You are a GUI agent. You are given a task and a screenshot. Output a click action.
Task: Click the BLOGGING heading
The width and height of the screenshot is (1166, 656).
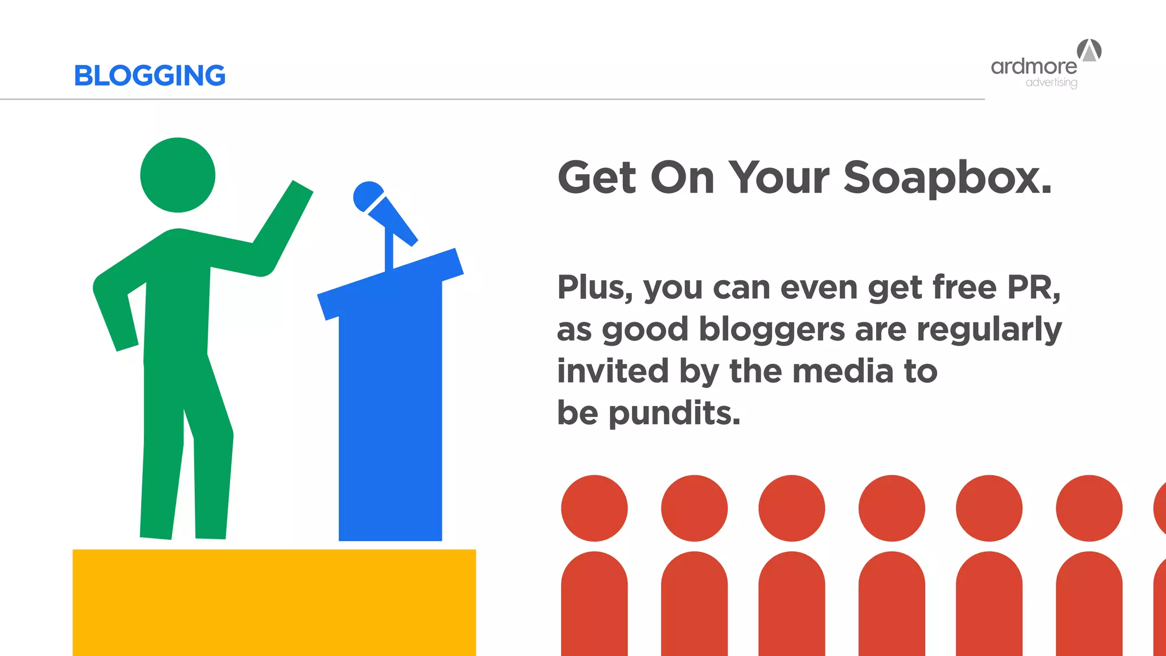point(150,76)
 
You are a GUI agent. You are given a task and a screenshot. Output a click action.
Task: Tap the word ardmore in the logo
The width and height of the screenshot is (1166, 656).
point(1033,67)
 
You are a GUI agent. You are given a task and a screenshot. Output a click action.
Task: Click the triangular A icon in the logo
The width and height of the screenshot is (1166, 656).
point(1089,50)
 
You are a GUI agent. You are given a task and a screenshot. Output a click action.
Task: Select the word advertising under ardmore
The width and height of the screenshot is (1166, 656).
point(1051,83)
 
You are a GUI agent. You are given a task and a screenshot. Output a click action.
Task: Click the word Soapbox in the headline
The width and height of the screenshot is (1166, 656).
point(947,178)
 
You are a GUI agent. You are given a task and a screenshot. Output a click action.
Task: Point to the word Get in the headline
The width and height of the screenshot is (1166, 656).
point(596,178)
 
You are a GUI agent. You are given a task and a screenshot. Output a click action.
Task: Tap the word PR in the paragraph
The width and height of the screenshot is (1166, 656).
point(1033,287)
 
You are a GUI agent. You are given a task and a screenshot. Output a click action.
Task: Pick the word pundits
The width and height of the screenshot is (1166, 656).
point(674,413)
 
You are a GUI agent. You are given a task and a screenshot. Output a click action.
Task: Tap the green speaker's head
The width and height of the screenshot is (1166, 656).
point(178,175)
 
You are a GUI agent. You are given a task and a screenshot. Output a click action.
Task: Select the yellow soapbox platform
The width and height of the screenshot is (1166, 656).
point(274,602)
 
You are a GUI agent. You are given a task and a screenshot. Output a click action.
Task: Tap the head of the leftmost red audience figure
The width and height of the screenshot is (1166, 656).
point(594,508)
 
